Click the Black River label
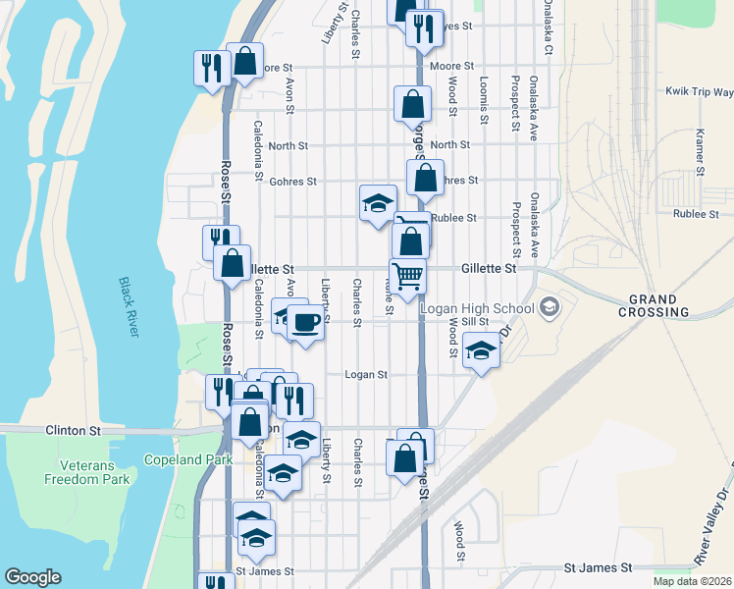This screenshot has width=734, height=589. click(129, 307)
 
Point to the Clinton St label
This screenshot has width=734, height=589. click(74, 430)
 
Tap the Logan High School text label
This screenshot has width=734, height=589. click(477, 308)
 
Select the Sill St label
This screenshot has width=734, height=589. click(474, 321)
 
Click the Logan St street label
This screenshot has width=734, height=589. click(366, 374)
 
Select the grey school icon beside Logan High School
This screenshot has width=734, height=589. click(548, 308)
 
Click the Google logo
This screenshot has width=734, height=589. click(32, 577)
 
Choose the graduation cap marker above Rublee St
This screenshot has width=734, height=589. click(378, 203)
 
